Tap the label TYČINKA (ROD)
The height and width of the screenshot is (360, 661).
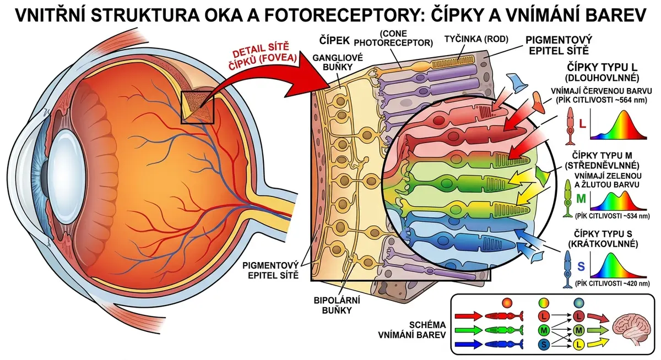476,39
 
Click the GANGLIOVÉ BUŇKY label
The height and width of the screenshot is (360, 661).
338,62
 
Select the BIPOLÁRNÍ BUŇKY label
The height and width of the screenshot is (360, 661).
337,305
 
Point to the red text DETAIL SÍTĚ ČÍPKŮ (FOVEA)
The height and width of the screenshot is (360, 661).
264,57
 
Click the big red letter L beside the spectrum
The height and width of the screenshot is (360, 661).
582,124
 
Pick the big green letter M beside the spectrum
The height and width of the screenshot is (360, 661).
581,199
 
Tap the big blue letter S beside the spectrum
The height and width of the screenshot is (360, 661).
581,266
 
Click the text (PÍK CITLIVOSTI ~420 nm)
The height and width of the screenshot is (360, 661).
613,283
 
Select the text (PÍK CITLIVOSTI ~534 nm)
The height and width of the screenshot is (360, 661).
613,216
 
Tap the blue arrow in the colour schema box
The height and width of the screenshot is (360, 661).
468,344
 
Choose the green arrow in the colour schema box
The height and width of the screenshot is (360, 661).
468,330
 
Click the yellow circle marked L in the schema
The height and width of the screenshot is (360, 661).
579,344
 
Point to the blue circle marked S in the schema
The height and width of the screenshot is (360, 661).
544,344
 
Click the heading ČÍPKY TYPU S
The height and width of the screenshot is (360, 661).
603,234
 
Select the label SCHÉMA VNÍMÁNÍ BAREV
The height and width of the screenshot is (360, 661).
412,330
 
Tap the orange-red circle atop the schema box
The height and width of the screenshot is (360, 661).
507,303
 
